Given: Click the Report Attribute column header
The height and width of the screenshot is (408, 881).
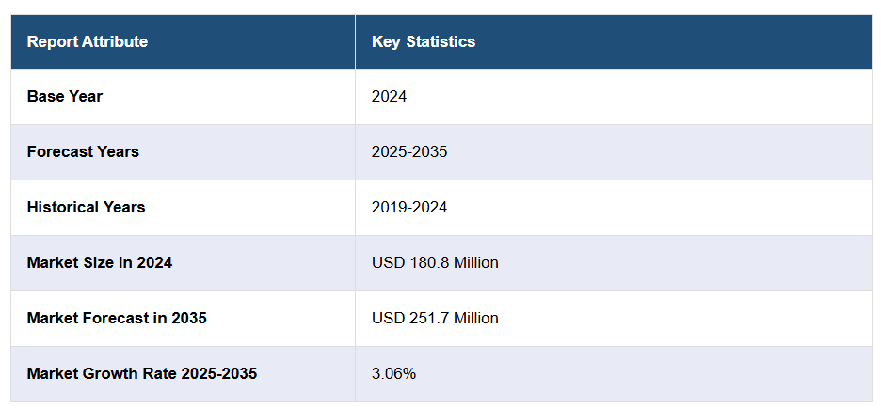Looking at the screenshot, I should coord(87,41).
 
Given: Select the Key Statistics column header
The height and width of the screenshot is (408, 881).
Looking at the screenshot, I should coord(424,41).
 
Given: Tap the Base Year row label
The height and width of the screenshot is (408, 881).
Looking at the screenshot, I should coord(65,96).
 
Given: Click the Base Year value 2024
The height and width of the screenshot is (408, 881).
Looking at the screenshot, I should coord(389,96).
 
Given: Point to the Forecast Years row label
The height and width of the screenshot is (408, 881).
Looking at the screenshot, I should coord(83,151).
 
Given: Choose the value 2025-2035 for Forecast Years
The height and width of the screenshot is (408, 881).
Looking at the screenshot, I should coord(409,151).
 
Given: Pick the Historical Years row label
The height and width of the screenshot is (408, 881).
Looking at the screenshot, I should coord(86,207).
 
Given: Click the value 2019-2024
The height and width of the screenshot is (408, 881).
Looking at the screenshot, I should coord(409,207).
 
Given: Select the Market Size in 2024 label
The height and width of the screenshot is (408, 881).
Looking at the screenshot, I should coord(100,262).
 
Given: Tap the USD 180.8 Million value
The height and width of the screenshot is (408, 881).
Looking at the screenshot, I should coord(435,262).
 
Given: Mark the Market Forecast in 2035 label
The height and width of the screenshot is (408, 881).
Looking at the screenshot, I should coord(117,318).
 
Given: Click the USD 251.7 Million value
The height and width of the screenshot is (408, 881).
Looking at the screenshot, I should coord(435,318).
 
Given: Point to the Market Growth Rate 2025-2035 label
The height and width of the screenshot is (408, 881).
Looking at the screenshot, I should coord(142,373).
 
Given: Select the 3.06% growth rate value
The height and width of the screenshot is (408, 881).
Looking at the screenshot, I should coord(393,373).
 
